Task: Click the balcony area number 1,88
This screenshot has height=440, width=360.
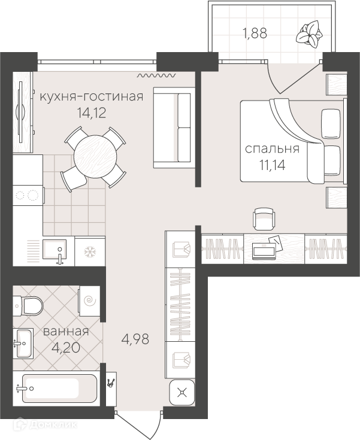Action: [255, 34]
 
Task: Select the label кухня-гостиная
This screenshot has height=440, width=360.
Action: [92, 96]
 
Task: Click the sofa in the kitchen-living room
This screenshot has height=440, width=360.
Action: [174, 128]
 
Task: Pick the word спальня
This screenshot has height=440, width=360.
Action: [272, 148]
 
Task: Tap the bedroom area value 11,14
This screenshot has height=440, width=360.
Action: [273, 165]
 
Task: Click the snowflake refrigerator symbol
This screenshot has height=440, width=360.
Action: [90, 251]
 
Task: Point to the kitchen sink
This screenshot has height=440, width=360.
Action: [55, 250]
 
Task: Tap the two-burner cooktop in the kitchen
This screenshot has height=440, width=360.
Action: [28, 195]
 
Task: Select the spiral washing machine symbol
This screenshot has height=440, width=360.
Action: [90, 301]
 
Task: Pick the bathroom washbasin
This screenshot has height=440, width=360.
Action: [23, 343]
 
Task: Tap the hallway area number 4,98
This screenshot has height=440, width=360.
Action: [135, 339]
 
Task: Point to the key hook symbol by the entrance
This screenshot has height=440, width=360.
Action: [111, 383]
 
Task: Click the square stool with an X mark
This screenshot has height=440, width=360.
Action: [182, 393]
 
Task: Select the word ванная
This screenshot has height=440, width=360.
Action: [66, 332]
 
